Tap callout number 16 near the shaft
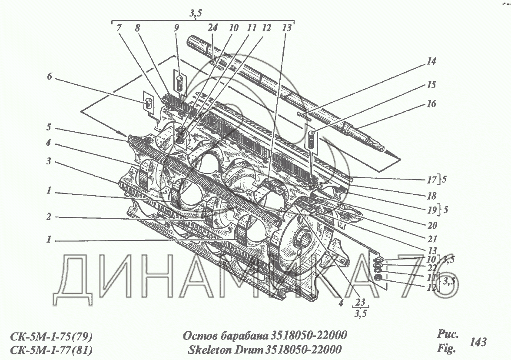[431, 104]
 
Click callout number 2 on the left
[50, 216]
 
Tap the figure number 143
[478, 342]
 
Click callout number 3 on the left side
[50, 161]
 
